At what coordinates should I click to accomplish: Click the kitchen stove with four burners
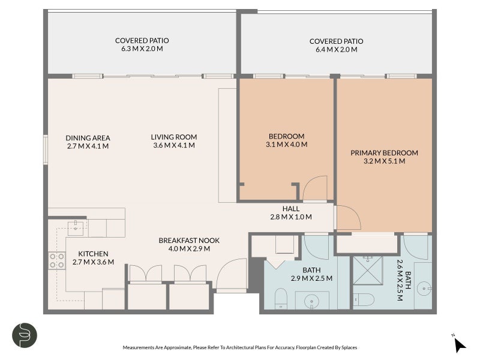[x=56, y=260]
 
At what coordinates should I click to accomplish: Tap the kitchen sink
[x=76, y=227]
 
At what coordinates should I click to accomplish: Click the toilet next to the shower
[x=364, y=299]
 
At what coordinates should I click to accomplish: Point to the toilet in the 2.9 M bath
[x=281, y=298]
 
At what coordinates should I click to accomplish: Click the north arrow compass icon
[x=459, y=344]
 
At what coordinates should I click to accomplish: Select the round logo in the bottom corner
[x=25, y=335]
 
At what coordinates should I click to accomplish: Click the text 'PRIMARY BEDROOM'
[x=384, y=153]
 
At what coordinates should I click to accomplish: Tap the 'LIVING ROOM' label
[x=174, y=137]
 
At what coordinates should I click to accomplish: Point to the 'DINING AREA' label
[x=88, y=137]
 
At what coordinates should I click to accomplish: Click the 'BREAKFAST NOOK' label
[x=189, y=240]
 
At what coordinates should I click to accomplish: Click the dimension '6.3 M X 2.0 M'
[x=142, y=50]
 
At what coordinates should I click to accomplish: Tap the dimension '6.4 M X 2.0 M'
[x=336, y=50]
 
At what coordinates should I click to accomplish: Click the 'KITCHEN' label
[x=93, y=254]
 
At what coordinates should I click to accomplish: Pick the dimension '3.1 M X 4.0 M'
[x=286, y=145]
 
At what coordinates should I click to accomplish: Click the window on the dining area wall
[x=46, y=150]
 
